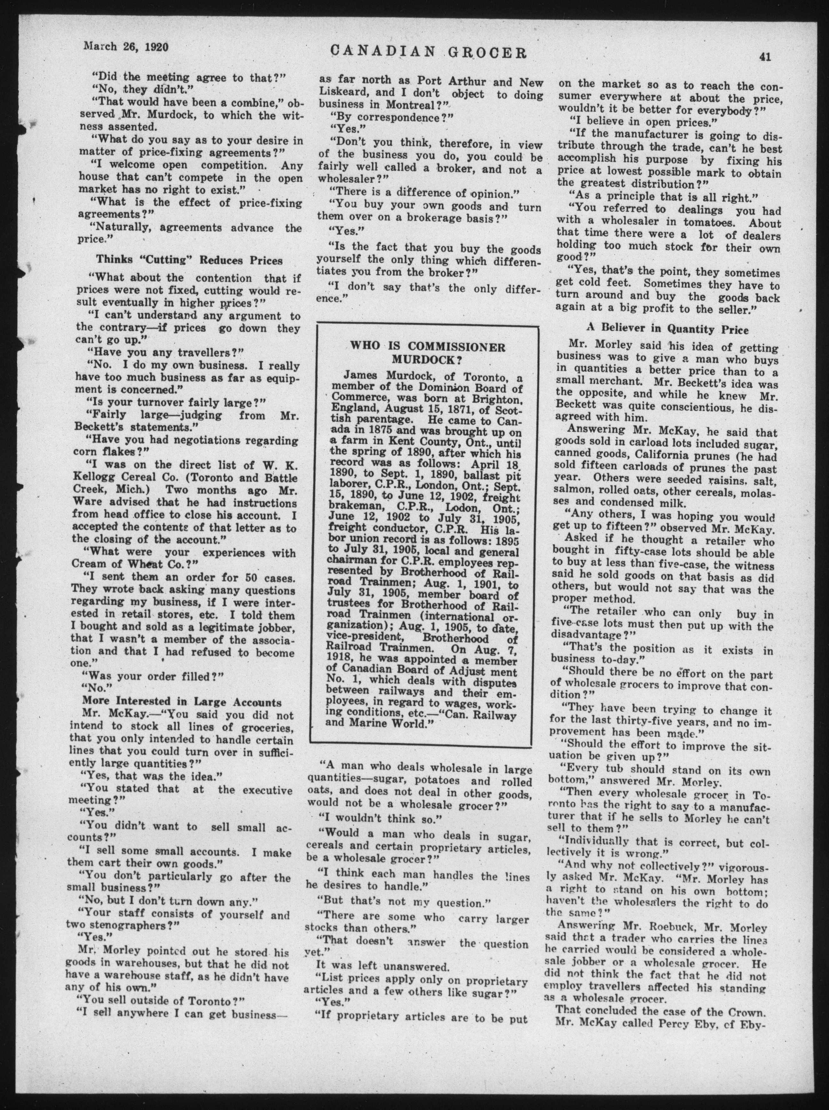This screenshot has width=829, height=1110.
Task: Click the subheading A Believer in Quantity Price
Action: [667, 330]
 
